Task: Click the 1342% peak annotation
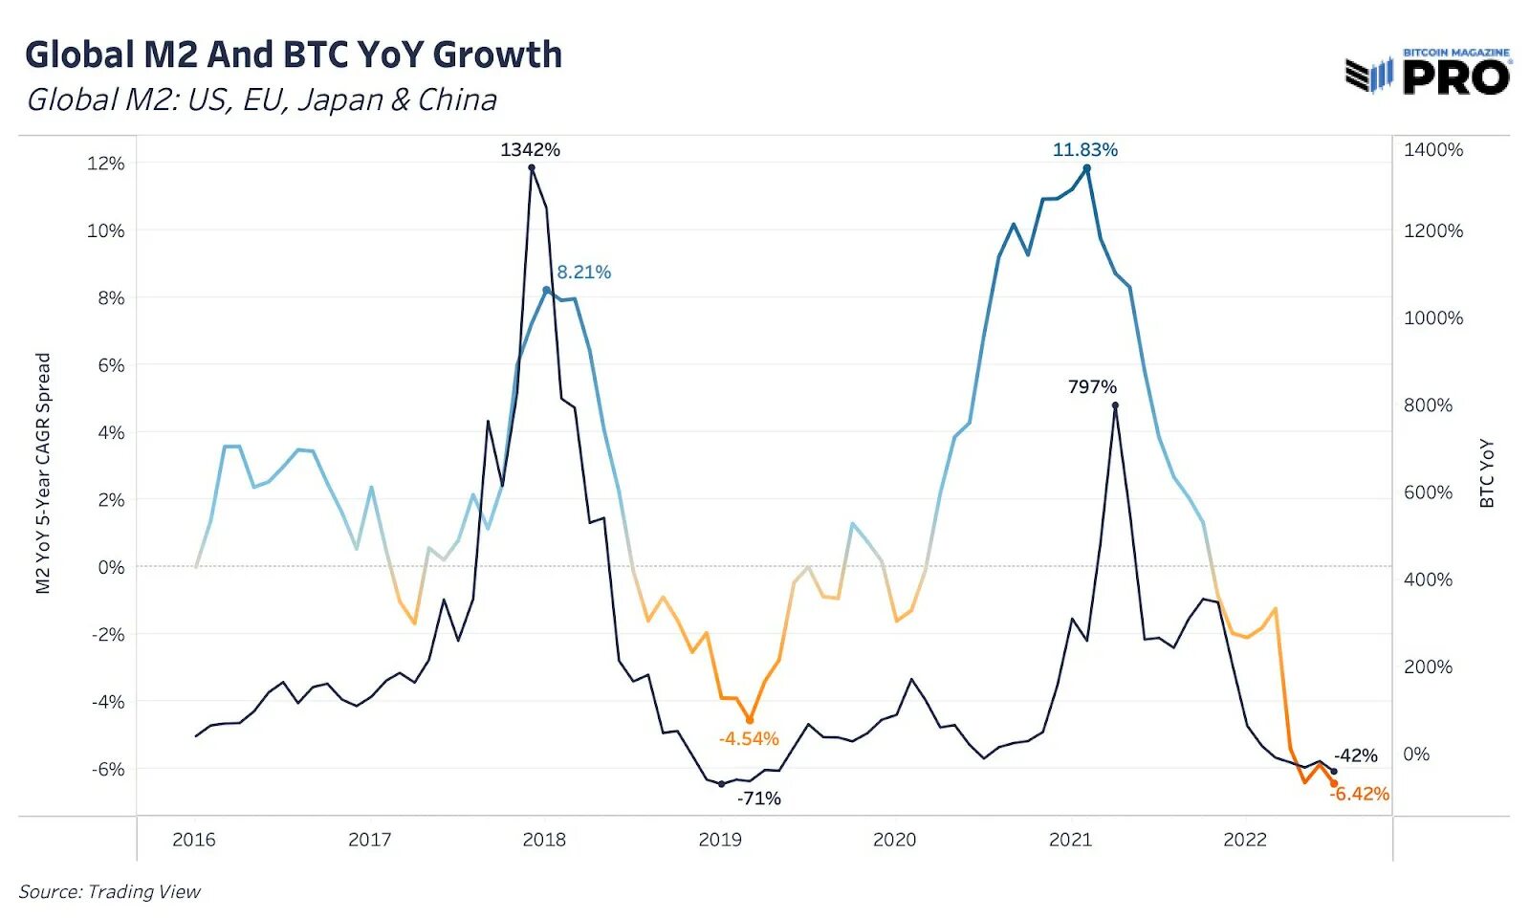click(530, 149)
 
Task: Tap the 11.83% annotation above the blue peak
click(1084, 149)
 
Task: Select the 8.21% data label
click(583, 272)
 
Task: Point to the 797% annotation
click(1092, 386)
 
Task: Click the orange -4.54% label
click(749, 738)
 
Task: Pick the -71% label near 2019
click(759, 798)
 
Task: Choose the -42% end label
click(1356, 755)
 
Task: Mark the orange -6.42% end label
click(1359, 794)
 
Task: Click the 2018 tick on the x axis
click(544, 840)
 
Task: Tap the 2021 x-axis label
click(1070, 840)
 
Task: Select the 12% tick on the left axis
click(106, 164)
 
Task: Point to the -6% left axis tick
click(108, 769)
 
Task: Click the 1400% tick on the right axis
click(1432, 149)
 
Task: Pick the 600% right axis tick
click(1428, 492)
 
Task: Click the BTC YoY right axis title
click(1486, 472)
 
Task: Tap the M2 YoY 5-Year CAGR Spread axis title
click(43, 472)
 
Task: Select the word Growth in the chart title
click(497, 55)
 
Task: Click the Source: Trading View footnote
click(110, 891)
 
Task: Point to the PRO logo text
click(1456, 76)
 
